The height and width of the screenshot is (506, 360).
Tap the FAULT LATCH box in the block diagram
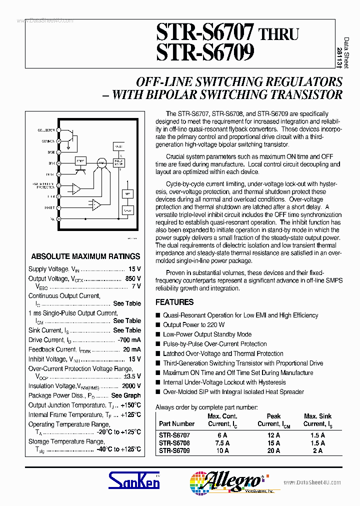tap(118, 162)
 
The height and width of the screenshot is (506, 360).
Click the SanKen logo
tap(134, 481)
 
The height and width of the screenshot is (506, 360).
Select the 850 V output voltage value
tap(133, 278)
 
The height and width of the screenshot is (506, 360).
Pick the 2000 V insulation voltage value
tap(132, 386)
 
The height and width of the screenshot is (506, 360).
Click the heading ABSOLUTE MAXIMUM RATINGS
tap(85, 256)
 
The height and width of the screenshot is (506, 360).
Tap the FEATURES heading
tap(174, 302)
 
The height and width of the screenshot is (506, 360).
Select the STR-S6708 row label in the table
tap(174, 443)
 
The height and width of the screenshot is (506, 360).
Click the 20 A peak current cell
tap(273, 450)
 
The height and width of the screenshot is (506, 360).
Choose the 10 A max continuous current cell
tap(222, 450)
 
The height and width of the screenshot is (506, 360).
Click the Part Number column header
tap(176, 423)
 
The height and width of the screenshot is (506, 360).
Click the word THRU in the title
tap(278, 34)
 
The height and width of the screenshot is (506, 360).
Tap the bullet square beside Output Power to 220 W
tap(158, 325)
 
